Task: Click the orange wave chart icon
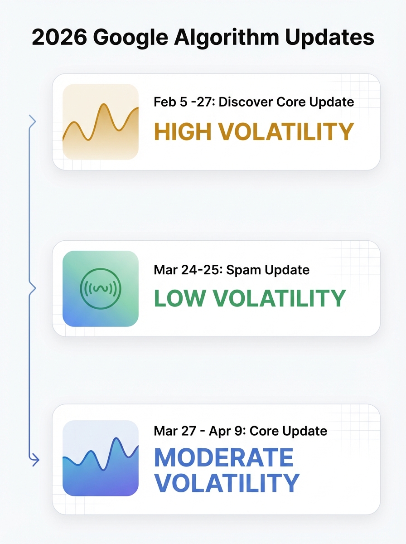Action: tap(100, 121)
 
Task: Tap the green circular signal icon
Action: tap(100, 288)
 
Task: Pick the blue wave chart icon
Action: tap(100, 458)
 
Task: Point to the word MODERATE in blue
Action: tap(224, 458)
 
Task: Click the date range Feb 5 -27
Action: tap(184, 102)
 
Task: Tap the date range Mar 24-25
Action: tap(186, 270)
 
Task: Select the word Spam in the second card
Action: tap(244, 271)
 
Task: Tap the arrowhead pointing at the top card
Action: tap(32, 121)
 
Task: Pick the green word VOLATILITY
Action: tap(279, 298)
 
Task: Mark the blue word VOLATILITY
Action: tap(227, 483)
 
